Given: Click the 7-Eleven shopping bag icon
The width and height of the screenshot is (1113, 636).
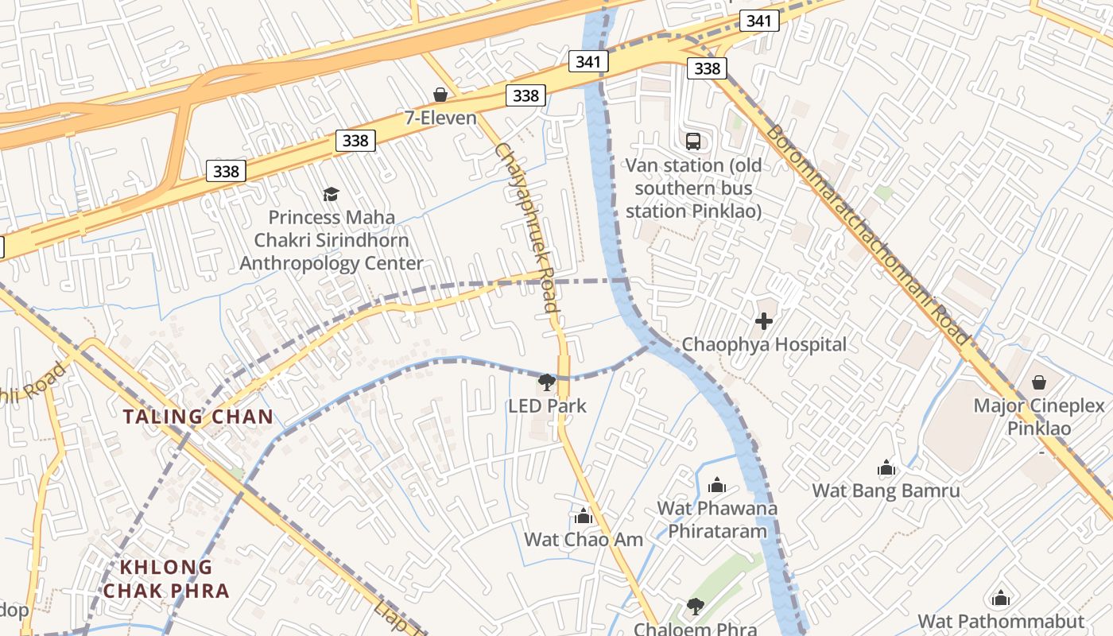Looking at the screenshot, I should click(x=440, y=95).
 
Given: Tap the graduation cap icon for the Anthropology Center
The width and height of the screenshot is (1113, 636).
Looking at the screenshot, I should click(x=331, y=194).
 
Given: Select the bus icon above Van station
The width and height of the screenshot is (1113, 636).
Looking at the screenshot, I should click(x=693, y=142).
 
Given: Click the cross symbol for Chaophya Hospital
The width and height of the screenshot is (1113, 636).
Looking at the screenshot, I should click(x=764, y=321).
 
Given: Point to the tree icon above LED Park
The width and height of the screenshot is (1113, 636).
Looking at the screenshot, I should click(x=547, y=382).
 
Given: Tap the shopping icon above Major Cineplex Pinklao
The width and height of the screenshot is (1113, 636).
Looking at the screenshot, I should click(x=1039, y=382).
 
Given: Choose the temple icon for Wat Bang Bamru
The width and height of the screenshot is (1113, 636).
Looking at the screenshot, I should click(x=886, y=467).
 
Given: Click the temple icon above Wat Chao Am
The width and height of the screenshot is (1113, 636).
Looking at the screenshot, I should click(x=584, y=516).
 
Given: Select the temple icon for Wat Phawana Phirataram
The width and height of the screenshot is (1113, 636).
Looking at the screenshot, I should click(x=717, y=484).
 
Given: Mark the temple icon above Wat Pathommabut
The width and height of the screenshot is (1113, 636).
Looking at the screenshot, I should click(x=1001, y=598).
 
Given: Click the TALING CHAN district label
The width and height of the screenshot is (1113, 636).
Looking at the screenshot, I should click(x=198, y=417).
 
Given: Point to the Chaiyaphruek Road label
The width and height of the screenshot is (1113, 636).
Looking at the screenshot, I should click(x=526, y=227).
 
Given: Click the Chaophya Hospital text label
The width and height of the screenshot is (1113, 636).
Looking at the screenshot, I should click(x=764, y=345).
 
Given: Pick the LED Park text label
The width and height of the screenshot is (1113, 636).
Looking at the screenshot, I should click(x=548, y=406).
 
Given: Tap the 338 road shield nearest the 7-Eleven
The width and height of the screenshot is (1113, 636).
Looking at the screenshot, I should click(x=525, y=96).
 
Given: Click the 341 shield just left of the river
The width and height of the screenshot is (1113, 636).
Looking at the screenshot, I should click(x=588, y=61).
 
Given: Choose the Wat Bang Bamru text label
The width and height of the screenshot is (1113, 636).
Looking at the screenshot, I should click(x=886, y=491).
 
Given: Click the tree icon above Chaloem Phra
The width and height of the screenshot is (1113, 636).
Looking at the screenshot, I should click(x=696, y=607).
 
